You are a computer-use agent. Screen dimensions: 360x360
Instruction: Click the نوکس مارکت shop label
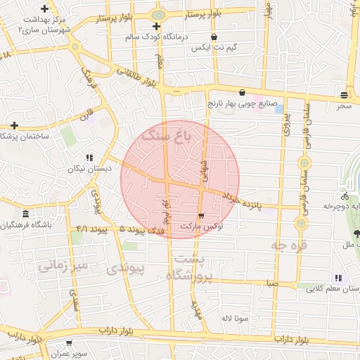(202, 227)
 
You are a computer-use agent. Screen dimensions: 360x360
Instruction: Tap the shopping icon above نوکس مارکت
(202, 216)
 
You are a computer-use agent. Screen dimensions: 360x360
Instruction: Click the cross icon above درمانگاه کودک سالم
(157, 27)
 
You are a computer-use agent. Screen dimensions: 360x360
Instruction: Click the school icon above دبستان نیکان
(89, 158)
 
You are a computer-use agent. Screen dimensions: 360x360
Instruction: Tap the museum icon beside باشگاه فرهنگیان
(26, 214)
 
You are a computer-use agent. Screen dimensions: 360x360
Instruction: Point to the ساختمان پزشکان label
(26, 136)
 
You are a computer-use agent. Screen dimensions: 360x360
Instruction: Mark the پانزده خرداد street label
(247, 201)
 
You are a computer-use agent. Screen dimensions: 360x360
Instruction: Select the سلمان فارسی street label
(307, 127)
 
